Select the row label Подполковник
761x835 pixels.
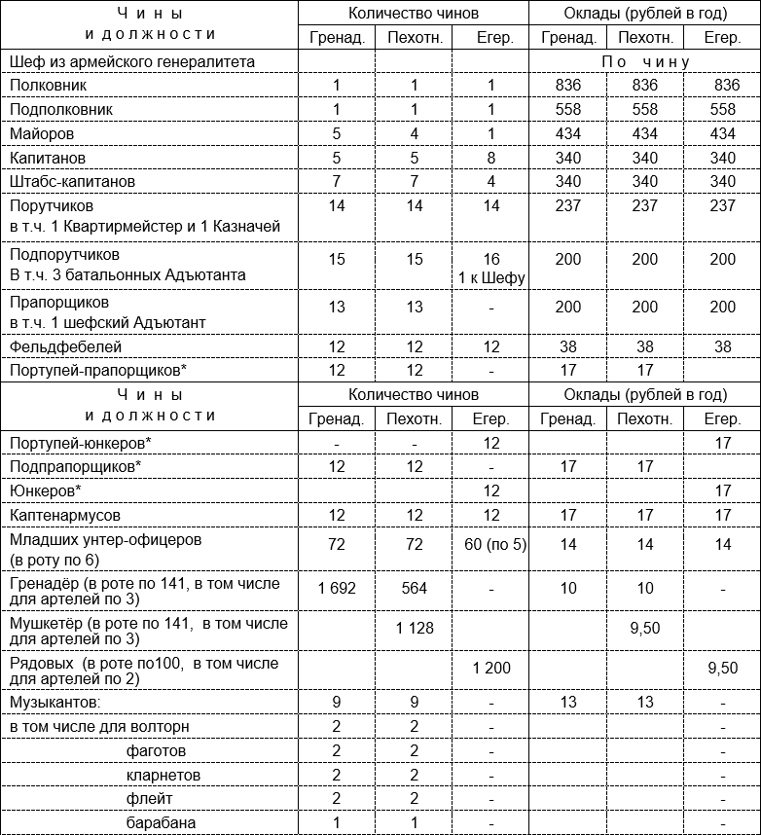coord(60,109)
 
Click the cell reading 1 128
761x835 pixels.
coord(415,629)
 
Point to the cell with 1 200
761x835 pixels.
coord(491,669)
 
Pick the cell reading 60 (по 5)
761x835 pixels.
coord(494,544)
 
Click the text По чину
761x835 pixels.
coord(645,61)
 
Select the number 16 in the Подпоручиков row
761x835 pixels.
coord(491,260)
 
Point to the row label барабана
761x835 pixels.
coord(161,823)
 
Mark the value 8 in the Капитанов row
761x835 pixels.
coord(491,158)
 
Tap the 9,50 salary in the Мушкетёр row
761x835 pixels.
coord(645,629)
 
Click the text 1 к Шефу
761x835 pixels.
coord(491,278)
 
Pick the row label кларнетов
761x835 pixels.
coord(163,776)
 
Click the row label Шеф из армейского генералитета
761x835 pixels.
coord(132,61)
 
